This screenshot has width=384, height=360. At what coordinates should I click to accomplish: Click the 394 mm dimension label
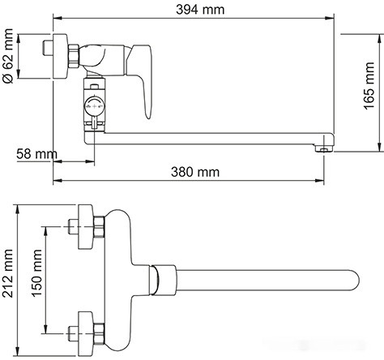pos(194,9)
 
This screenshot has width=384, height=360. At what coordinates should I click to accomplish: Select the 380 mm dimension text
pos(194,172)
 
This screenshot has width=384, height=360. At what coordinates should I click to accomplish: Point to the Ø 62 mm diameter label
pos(9,56)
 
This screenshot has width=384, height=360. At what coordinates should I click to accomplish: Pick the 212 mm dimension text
pos(9,276)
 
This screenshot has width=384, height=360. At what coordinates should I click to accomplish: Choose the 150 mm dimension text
pos(36,276)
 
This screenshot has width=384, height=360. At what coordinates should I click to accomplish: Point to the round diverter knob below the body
pos(96,104)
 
